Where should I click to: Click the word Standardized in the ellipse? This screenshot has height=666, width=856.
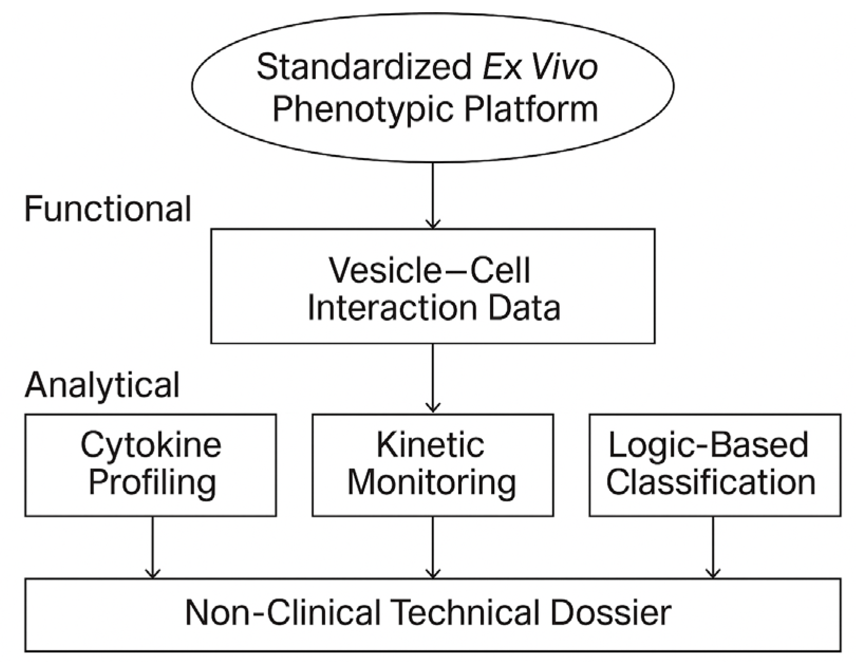point(364,68)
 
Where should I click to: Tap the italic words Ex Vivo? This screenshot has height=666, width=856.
point(539,68)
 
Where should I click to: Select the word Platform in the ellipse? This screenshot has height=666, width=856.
point(531,109)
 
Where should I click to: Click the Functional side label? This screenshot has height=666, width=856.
point(108,209)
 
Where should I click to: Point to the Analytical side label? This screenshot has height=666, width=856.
point(102,385)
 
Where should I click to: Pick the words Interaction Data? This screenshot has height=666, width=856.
point(433,308)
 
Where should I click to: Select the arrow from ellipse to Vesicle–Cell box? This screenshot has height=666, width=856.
point(433,195)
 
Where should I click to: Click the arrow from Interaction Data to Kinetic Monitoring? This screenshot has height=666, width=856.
point(433,378)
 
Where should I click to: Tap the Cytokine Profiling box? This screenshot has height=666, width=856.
point(150,465)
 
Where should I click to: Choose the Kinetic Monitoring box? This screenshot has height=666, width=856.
point(432,465)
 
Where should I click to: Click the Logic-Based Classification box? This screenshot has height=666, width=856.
point(714,465)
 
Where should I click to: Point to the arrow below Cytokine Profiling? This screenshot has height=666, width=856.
point(153,547)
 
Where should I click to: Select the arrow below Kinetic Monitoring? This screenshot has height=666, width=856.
point(433,547)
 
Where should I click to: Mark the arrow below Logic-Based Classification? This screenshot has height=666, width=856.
point(713,547)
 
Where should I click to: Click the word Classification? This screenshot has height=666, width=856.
point(711,482)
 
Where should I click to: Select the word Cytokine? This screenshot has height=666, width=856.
point(151,445)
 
